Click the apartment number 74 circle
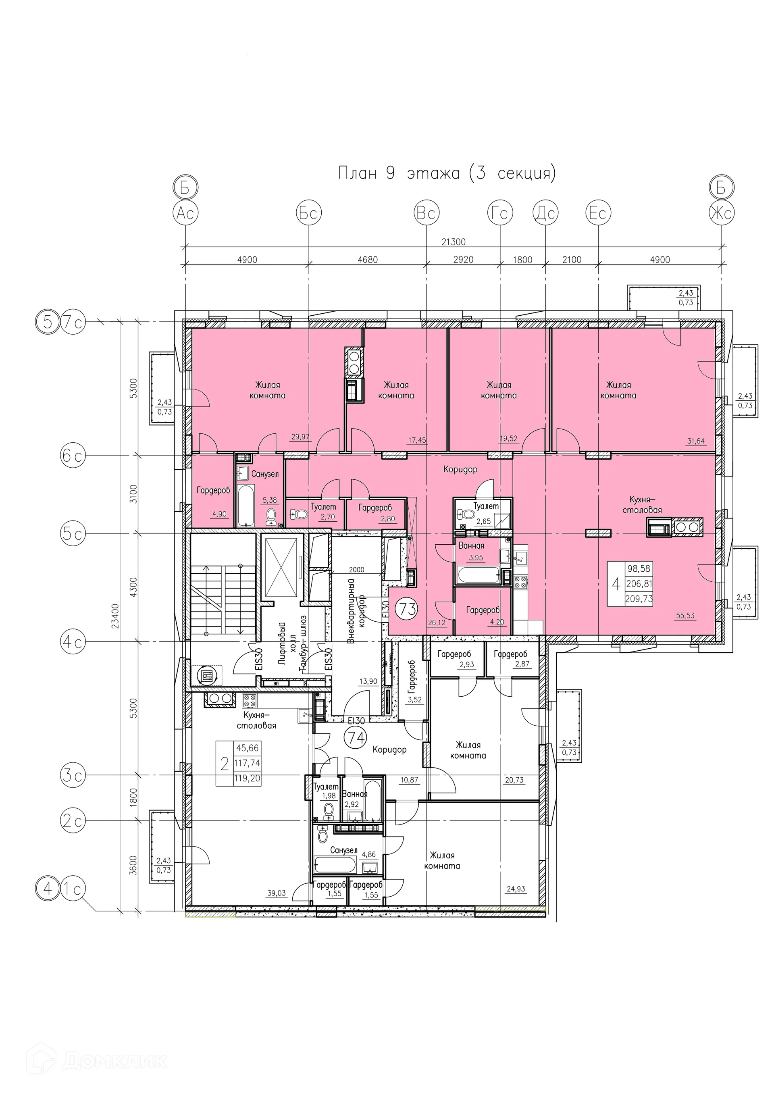tap(355, 738)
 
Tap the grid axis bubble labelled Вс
tap(426, 213)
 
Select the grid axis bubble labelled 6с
tap(73, 456)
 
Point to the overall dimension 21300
tap(453, 242)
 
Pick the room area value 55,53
tap(685, 616)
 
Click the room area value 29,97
tap(300, 436)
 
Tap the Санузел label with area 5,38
tap(265, 474)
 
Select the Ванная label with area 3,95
tap(471, 545)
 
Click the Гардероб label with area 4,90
tap(213, 490)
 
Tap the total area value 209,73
tap(639, 599)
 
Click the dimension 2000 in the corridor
tap(356, 569)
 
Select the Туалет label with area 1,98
tap(326, 787)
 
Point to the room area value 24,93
tap(516, 889)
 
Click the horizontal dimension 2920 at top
tap(463, 260)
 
